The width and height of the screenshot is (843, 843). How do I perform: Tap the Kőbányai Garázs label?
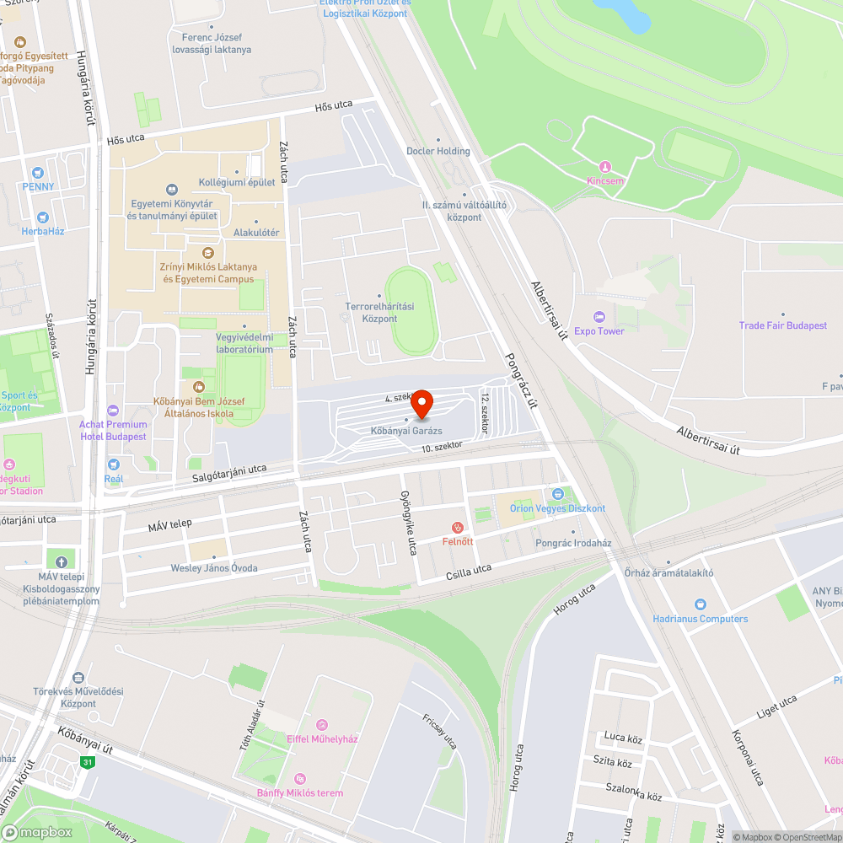tap(406, 431)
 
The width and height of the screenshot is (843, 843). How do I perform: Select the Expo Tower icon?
tap(599, 317)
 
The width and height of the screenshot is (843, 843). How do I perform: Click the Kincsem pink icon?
tap(604, 167)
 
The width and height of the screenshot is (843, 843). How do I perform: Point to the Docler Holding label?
tap(438, 151)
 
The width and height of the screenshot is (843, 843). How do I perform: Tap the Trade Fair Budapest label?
tap(782, 325)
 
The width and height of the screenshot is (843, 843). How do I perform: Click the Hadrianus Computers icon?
tap(700, 604)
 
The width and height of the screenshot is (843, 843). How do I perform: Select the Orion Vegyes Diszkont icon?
tap(557, 494)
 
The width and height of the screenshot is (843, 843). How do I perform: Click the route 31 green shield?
tap(87, 762)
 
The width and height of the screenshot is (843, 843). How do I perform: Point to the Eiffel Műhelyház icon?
tap(321, 725)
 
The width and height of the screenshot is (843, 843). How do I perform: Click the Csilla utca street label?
tap(468, 572)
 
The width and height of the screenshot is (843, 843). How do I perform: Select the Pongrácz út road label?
tap(520, 379)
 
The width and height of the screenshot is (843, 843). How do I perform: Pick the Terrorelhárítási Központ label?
tap(380, 313)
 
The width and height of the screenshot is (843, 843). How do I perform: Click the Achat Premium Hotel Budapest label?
tap(113, 430)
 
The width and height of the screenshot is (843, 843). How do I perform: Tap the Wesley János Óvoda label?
tap(214, 568)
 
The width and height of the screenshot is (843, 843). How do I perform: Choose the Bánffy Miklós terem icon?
tap(299, 779)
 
